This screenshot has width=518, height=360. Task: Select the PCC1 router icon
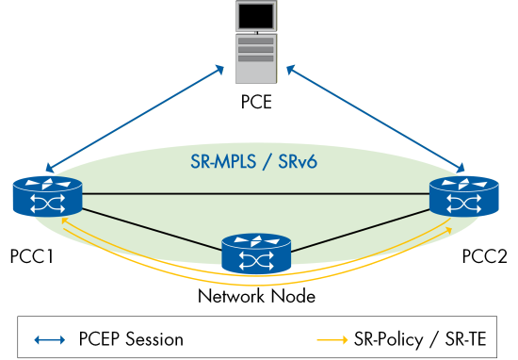[48, 198]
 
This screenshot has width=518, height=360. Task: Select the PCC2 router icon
[463, 198]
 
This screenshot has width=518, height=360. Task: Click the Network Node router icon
[256, 254]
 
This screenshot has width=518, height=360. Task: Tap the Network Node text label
[256, 296]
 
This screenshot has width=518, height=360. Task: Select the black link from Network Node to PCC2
[363, 229]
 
